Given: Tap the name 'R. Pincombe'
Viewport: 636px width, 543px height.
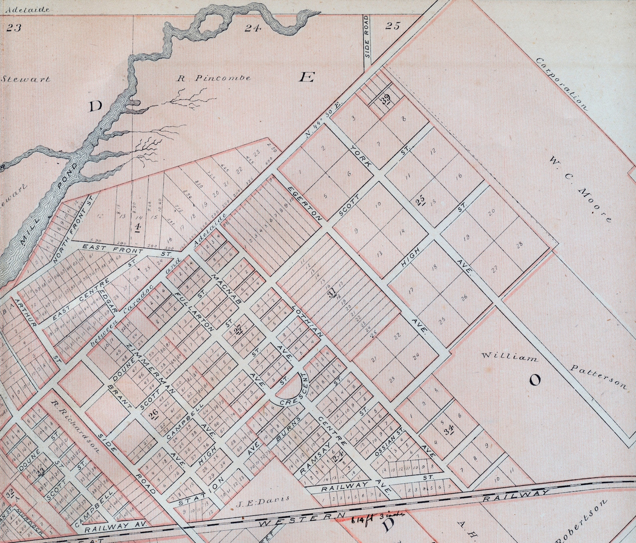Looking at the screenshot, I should point(214,78).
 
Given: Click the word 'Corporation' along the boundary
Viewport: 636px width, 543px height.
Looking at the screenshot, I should point(561,84).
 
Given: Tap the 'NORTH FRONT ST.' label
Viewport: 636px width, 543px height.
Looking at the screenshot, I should point(72,229).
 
